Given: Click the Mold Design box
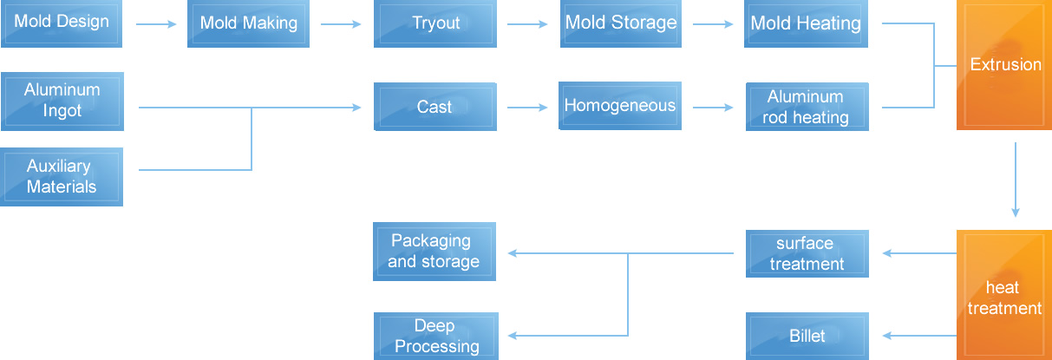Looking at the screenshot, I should [62, 23].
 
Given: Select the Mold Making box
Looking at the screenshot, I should [248, 23].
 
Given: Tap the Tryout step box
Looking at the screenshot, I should [435, 23].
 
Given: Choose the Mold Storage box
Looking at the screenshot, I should [620, 23].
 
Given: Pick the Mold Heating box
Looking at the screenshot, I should [806, 23].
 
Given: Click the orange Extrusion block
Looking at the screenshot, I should [1004, 65].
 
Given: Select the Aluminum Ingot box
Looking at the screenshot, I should [62, 101].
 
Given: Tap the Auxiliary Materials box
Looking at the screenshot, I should [62, 176].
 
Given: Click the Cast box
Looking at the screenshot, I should [435, 108].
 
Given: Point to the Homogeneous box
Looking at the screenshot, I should [620, 106].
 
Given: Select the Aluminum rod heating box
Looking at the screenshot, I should [806, 108].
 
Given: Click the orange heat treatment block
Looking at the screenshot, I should [1004, 295].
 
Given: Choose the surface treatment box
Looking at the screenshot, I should [806, 253].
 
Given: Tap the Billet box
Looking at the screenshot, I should [806, 337].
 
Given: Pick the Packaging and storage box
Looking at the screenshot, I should [435, 252].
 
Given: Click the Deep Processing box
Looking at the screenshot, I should [435, 337].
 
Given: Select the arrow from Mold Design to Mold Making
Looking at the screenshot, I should [157, 24].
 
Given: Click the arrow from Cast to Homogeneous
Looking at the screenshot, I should [528, 108].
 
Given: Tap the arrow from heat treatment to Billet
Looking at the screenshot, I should [919, 337].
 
